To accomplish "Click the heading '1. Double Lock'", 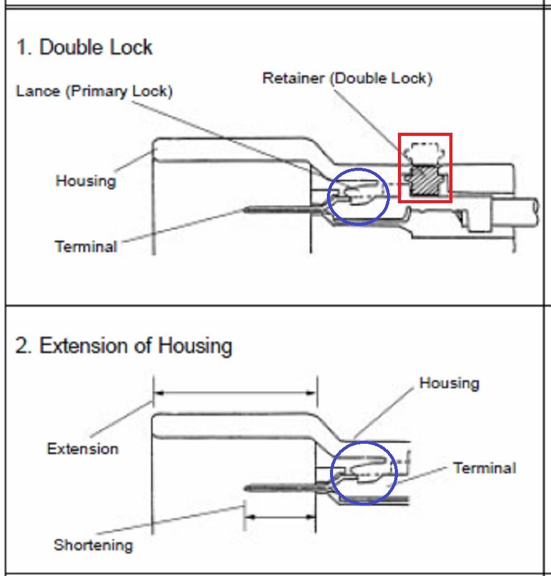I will [x=84, y=48].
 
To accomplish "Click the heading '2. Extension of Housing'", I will [x=124, y=346].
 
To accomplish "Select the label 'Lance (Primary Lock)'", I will [x=94, y=91].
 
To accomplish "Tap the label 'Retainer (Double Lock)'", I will [x=347, y=78].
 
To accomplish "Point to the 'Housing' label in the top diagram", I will [x=86, y=181].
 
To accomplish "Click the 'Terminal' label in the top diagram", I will [x=86, y=247].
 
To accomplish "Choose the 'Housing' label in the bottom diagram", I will [x=449, y=384].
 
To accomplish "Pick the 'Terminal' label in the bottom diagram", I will [x=484, y=468].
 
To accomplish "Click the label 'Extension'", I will [x=83, y=449].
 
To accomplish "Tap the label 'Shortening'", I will [x=93, y=545].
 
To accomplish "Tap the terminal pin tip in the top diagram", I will [x=246, y=210].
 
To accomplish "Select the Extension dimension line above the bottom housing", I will [x=235, y=392].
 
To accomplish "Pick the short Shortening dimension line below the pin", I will [x=280, y=517].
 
